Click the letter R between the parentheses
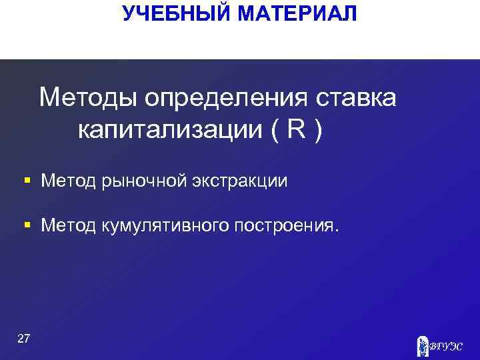297,129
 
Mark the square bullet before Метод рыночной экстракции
27,181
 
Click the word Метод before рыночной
67,181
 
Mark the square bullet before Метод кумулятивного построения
27,226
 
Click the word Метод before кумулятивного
67,226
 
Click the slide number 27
23,339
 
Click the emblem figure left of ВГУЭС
421,345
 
